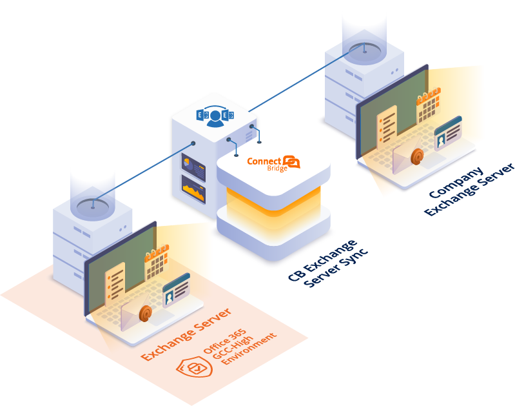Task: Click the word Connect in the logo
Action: coord(264,161)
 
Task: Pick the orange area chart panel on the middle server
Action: coord(193,189)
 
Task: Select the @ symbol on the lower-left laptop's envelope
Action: coord(146,313)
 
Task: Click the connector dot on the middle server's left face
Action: coord(193,143)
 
